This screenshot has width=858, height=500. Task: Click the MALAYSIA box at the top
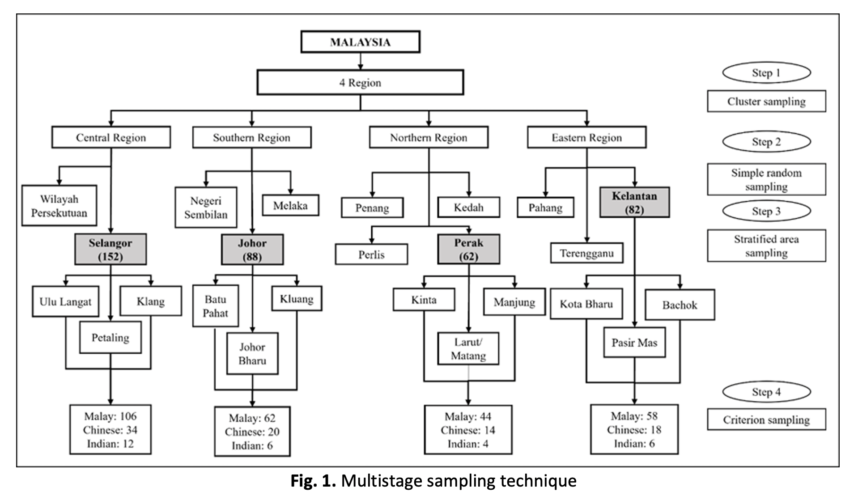tap(360, 42)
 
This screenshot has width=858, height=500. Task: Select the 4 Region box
tap(360, 83)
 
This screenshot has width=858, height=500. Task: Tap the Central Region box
tap(111, 137)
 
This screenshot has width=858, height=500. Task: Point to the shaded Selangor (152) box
tap(110, 250)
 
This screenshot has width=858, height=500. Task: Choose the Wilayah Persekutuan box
tap(59, 206)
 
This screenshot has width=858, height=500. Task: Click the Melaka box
tap(290, 206)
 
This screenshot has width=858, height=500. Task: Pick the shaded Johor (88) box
tap(252, 250)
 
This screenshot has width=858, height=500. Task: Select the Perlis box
tap(371, 254)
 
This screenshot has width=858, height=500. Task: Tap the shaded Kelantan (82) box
tap(634, 203)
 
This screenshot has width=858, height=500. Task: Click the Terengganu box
tap(586, 254)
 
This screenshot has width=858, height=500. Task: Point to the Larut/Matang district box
tap(468, 349)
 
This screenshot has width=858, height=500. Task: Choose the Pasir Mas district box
tap(634, 343)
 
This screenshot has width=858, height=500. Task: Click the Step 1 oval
tap(766, 73)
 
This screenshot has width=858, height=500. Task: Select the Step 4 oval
tap(766, 392)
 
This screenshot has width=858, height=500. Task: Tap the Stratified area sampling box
tap(766, 246)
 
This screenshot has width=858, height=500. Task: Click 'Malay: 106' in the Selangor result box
tap(110, 416)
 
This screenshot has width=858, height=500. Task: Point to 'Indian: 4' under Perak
tap(468, 444)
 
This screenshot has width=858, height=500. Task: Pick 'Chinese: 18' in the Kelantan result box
tap(634, 430)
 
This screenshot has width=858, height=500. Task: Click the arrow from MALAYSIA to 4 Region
tap(360, 61)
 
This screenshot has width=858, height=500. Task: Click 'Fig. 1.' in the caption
tap(313, 481)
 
